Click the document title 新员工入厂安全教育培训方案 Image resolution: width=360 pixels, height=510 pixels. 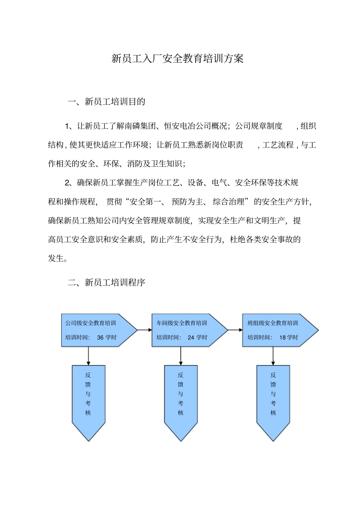coord(177,58)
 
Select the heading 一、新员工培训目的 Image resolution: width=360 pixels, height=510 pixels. coord(106,102)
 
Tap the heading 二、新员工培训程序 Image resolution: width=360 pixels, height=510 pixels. coord(106,282)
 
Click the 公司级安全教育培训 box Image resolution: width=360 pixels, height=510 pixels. coord(95,330)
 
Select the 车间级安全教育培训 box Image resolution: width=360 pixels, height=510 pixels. coord(186,330)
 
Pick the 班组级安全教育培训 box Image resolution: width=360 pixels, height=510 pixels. coord(277,330)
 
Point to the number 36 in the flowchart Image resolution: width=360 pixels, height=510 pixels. coord(100,337)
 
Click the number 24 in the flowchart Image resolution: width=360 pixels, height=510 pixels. coord(191,337)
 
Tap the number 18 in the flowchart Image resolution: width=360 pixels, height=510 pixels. coord(283,337)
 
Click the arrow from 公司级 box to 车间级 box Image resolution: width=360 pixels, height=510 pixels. coord(144,330)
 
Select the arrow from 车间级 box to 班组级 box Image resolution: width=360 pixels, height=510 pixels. coord(235,330)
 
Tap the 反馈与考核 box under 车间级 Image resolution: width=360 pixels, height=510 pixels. coord(181,398)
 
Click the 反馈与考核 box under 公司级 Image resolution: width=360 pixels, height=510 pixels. coord(88,398)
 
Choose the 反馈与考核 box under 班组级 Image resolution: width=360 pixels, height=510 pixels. coord(273,398)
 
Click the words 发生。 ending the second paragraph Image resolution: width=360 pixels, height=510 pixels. coord(58,259)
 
